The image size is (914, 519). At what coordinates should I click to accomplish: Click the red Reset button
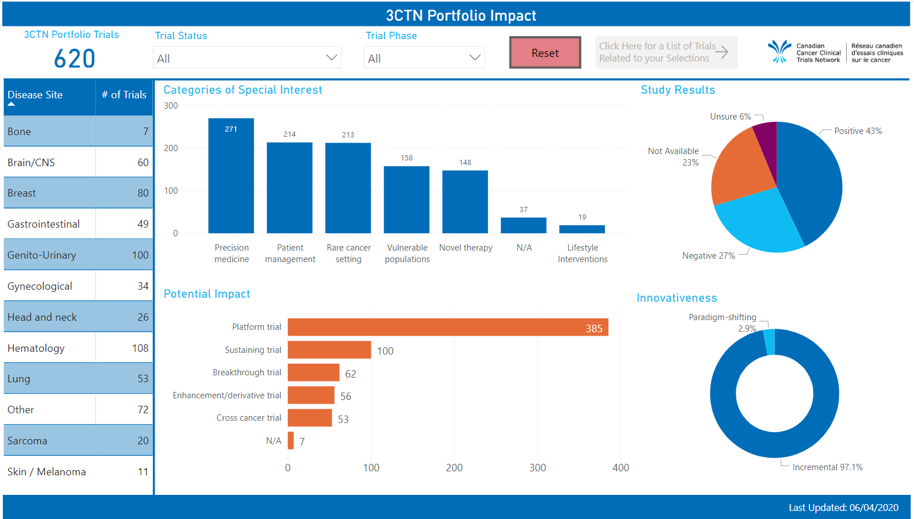point(545,53)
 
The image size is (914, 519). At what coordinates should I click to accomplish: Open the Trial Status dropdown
point(247,58)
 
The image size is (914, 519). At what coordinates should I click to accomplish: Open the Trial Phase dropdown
point(424,58)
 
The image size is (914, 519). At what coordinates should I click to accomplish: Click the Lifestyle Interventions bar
point(582,229)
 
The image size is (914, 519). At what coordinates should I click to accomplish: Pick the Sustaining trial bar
point(329,350)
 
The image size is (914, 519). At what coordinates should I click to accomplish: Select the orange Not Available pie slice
point(742,170)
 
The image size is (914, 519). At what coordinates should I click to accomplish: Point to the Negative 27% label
point(708,256)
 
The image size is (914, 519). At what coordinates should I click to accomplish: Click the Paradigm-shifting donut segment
point(769,341)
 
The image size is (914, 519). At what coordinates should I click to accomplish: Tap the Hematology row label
point(36,348)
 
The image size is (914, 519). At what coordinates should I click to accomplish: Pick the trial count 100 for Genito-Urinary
point(140,255)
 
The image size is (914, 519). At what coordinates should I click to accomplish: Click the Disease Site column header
point(35,95)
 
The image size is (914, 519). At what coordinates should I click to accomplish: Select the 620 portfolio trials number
point(75,59)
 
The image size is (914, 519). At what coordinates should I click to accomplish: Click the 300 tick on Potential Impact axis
point(537,468)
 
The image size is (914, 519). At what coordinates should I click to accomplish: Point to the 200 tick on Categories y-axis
point(171,148)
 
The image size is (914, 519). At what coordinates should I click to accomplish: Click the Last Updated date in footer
point(873,508)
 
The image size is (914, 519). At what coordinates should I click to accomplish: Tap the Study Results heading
point(678,90)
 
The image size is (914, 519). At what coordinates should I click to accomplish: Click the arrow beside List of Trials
point(722,52)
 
